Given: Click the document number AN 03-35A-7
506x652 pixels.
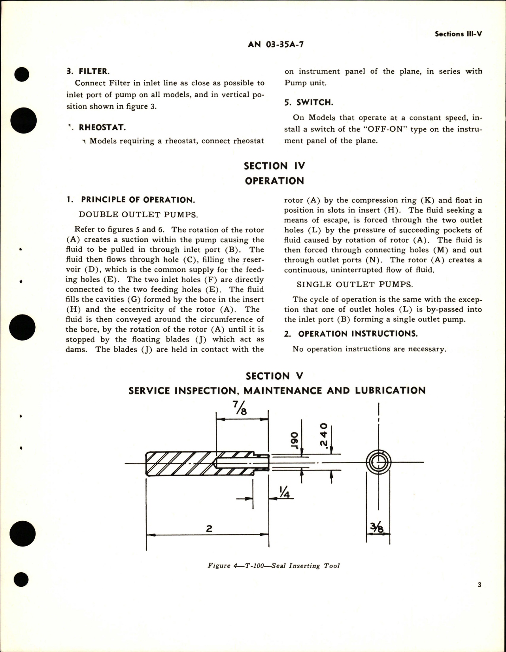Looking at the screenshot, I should point(276,44).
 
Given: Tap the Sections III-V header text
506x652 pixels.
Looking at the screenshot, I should point(458,34).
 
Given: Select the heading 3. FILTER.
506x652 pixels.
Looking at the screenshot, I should point(87,72).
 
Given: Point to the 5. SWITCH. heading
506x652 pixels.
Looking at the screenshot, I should point(309,102).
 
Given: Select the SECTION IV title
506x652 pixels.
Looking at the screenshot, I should point(274,166).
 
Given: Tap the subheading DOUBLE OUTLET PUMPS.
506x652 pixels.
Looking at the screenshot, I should point(138,215).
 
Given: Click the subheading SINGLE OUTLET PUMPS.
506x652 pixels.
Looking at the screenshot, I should point(355,285).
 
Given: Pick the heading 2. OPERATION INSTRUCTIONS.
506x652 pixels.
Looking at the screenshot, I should point(351,334).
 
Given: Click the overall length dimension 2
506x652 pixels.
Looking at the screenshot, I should point(210,528).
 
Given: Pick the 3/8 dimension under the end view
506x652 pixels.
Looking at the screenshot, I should point(378,528).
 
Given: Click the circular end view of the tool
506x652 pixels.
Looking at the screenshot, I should point(378,462).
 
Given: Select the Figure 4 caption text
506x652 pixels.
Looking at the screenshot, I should point(274,566).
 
